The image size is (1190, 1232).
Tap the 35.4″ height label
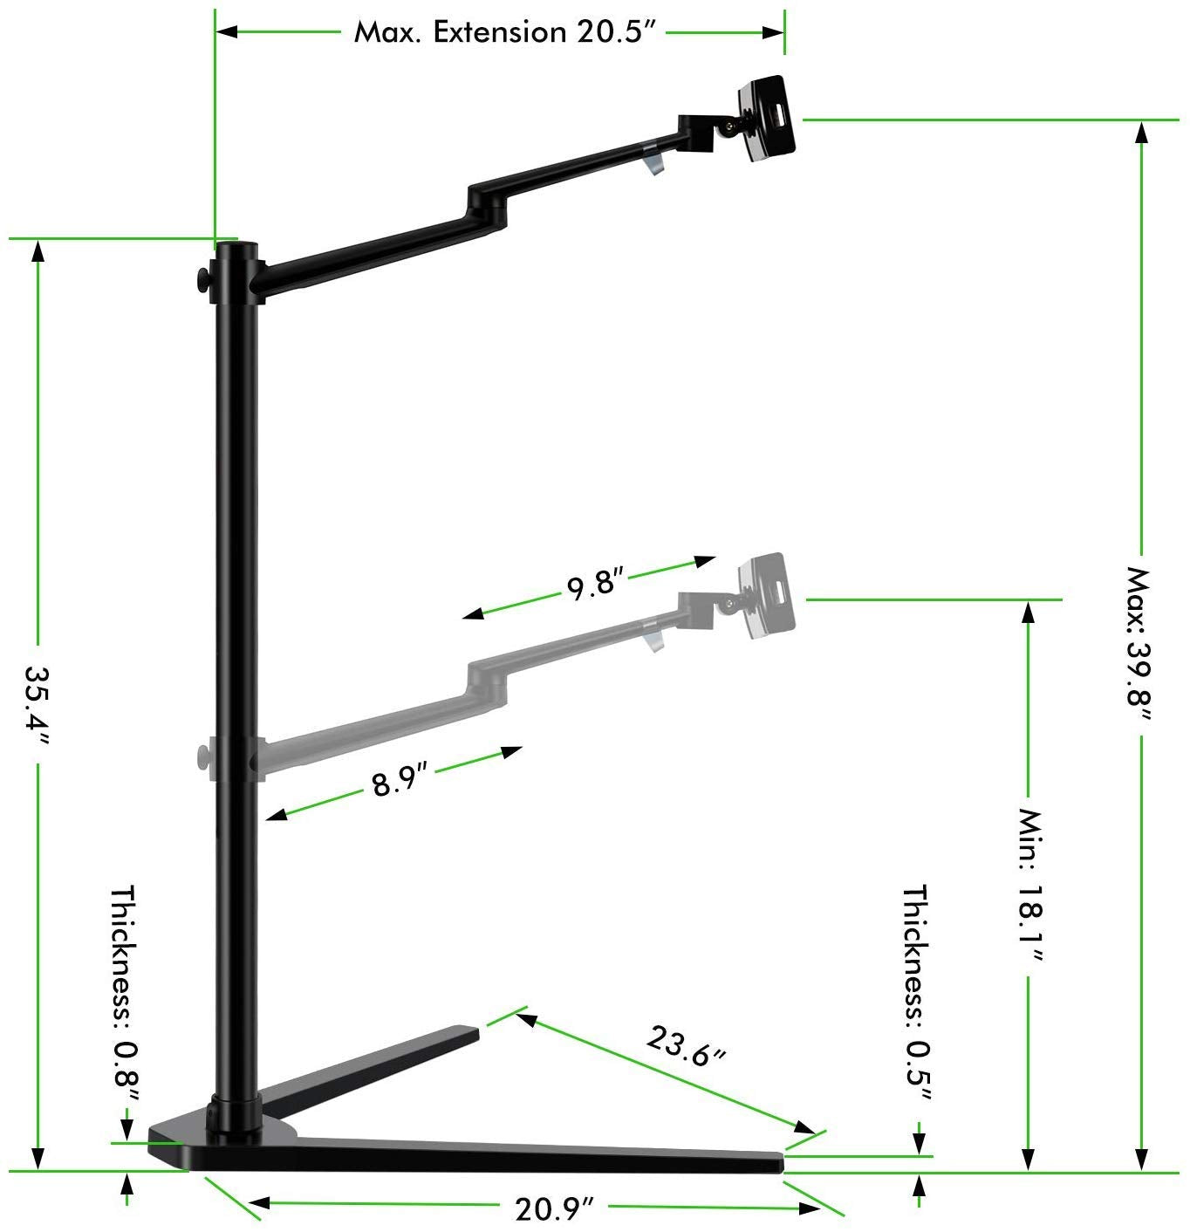(x=38, y=705)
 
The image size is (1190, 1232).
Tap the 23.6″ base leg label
(x=687, y=1044)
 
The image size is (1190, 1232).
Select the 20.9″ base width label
(x=555, y=1208)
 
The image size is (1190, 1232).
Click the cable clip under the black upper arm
(x=655, y=161)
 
